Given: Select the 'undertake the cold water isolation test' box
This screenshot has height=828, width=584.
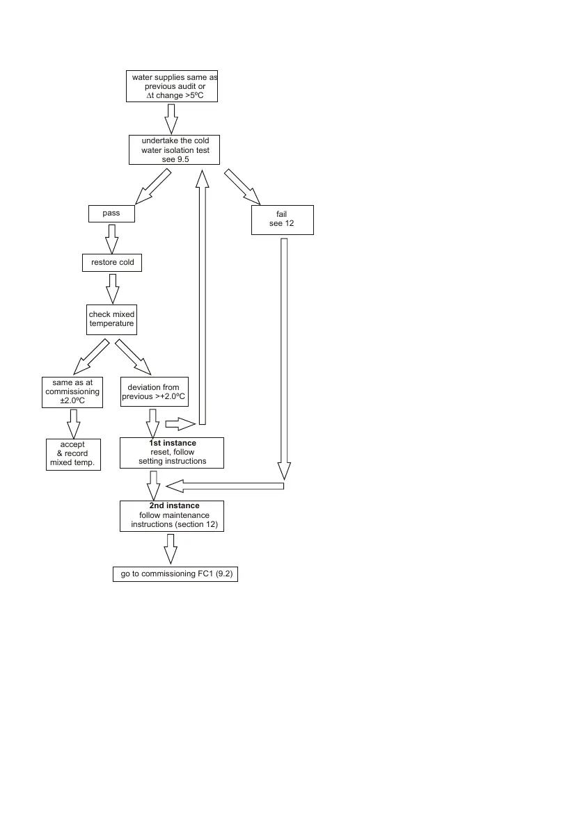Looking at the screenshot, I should coord(175,150).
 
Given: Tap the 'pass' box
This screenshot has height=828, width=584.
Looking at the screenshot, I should coord(111,213).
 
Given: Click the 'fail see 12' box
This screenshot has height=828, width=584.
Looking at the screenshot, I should coord(283,220).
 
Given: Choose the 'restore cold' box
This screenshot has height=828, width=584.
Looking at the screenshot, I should coord(112,263).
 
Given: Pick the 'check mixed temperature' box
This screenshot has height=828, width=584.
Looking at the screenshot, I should coord(111,319).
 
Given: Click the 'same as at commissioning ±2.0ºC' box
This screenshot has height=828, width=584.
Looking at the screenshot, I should coord(72,392).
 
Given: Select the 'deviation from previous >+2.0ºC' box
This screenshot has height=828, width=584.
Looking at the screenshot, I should coord(155,392).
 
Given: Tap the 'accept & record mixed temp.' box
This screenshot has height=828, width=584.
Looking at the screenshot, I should coord(73,454).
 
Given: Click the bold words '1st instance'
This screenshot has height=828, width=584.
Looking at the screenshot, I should coord(172,443).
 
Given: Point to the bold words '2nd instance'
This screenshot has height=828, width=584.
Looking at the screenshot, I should coord(174,505).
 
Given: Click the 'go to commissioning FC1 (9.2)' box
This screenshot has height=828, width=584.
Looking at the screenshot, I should coord(175,575).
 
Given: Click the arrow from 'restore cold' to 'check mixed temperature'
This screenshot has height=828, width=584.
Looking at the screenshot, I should coord(111,289).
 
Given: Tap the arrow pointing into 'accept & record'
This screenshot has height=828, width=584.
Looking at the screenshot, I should coord(72,423).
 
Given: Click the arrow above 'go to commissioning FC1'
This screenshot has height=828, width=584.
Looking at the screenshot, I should coord(171,549).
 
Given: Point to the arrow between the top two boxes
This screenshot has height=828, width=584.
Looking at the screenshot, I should coord(171,119).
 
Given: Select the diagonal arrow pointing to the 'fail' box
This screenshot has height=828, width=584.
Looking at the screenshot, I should coord(242,186).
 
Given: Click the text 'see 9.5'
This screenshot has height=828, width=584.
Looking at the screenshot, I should coord(175,159).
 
